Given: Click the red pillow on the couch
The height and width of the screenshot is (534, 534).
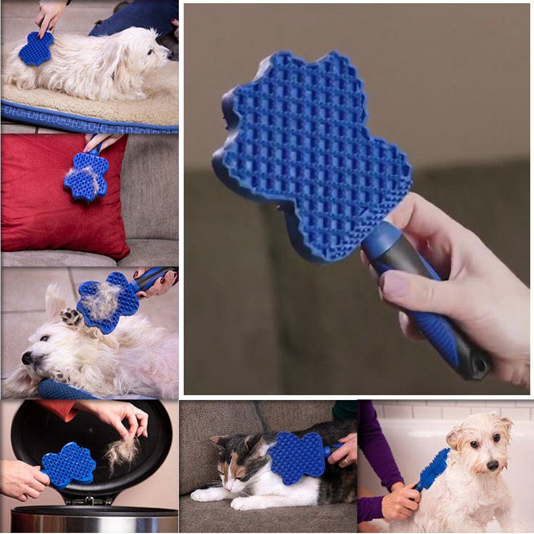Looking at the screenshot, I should [37, 203].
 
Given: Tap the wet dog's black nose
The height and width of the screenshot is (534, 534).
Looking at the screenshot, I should [492, 465].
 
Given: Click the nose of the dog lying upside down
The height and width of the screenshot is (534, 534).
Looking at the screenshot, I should [26, 358].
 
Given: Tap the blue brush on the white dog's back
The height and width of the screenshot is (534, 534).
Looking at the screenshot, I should [36, 48].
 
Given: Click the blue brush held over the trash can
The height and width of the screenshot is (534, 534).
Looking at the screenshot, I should [69, 465].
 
